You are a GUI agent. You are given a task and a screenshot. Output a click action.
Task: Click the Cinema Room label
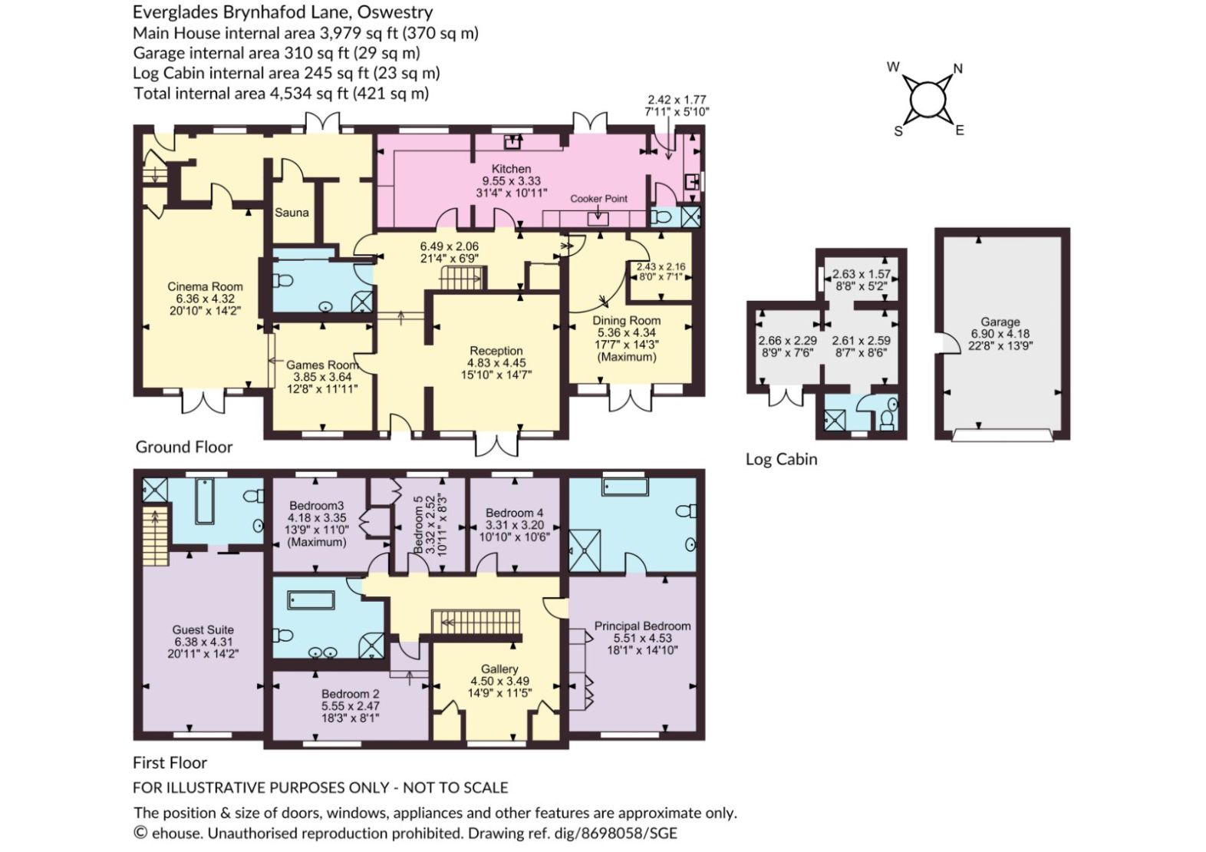(205, 286)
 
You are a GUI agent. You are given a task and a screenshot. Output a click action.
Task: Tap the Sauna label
(292, 213)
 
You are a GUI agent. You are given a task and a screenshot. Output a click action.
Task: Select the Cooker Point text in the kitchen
(598, 199)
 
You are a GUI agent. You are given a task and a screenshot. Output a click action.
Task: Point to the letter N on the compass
(957, 69)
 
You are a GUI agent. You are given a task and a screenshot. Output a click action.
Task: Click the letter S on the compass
(898, 131)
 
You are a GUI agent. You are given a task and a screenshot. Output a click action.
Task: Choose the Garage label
(1000, 322)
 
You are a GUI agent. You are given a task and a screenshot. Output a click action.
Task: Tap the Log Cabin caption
(781, 459)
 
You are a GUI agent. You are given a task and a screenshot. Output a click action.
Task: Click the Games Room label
(321, 365)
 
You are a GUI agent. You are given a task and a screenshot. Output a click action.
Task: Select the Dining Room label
(627, 320)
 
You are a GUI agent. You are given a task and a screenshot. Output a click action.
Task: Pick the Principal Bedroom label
(642, 626)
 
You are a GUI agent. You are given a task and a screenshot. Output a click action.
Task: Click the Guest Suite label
(203, 629)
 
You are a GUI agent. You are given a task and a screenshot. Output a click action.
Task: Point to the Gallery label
(499, 669)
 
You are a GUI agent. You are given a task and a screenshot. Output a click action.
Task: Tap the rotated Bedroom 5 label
(418, 524)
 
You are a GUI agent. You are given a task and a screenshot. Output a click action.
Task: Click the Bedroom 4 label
(515, 513)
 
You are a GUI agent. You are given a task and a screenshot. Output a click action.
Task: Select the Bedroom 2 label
(351, 694)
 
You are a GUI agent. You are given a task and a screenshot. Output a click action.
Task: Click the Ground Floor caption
(183, 447)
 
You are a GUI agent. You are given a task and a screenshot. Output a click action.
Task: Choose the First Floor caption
(170, 763)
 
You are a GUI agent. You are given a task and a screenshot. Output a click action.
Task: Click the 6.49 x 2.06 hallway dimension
(449, 246)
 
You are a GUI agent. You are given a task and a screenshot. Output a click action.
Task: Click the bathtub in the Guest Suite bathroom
(205, 501)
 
